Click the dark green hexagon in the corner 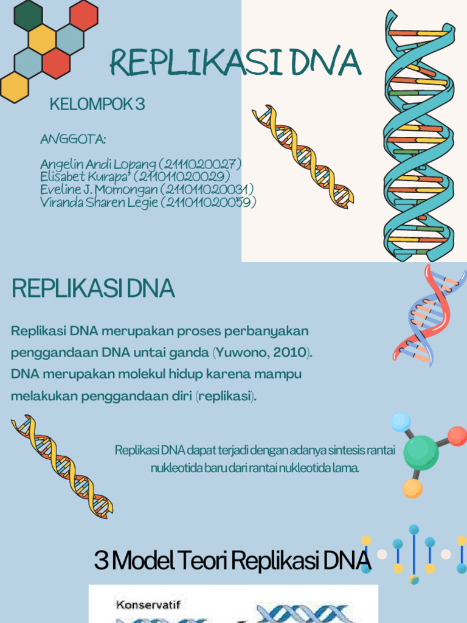click(x=28, y=15)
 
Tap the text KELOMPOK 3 click(x=97, y=105)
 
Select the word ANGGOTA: click(x=73, y=139)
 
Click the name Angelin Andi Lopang click(x=98, y=164)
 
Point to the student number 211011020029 click(x=182, y=177)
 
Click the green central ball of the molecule click(x=421, y=452)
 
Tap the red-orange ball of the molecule click(x=457, y=436)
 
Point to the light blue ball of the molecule click(x=401, y=422)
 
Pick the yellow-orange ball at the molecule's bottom click(x=412, y=488)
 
